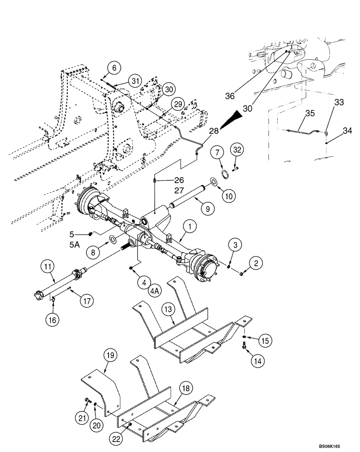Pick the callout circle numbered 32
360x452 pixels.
click(238, 149)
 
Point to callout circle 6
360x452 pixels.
click(114, 67)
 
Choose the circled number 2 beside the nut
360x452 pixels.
click(256, 263)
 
